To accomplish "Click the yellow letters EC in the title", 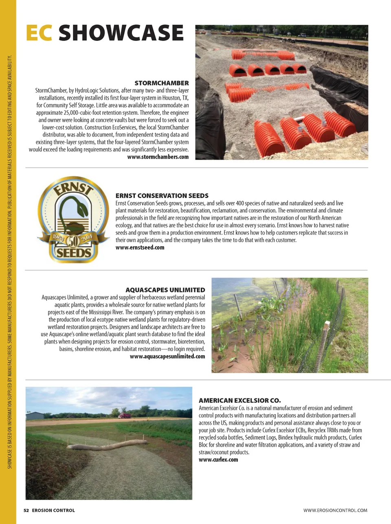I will tap(39, 33).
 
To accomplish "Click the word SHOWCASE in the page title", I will tap(121, 33).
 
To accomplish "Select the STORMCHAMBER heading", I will tap(162, 83).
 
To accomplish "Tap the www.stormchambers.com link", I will tap(158, 157).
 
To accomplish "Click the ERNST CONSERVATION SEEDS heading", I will tap(162, 196).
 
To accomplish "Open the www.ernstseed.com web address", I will tap(140, 247).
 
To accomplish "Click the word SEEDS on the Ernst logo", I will tap(73, 253).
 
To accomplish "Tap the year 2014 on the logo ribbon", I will tap(87, 238).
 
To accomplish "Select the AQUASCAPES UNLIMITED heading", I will tap(165, 290).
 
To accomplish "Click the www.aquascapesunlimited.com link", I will tap(167, 356).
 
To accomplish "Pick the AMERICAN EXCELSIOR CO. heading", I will tap(239, 401).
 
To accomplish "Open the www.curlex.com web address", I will tap(218, 460).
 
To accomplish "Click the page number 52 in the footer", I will tap(26, 510).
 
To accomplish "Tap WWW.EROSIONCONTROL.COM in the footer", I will tap(335, 510).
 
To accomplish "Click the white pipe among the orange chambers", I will tap(299, 119).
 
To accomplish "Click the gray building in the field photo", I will tap(34, 415).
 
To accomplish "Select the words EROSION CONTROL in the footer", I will tap(53, 510).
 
